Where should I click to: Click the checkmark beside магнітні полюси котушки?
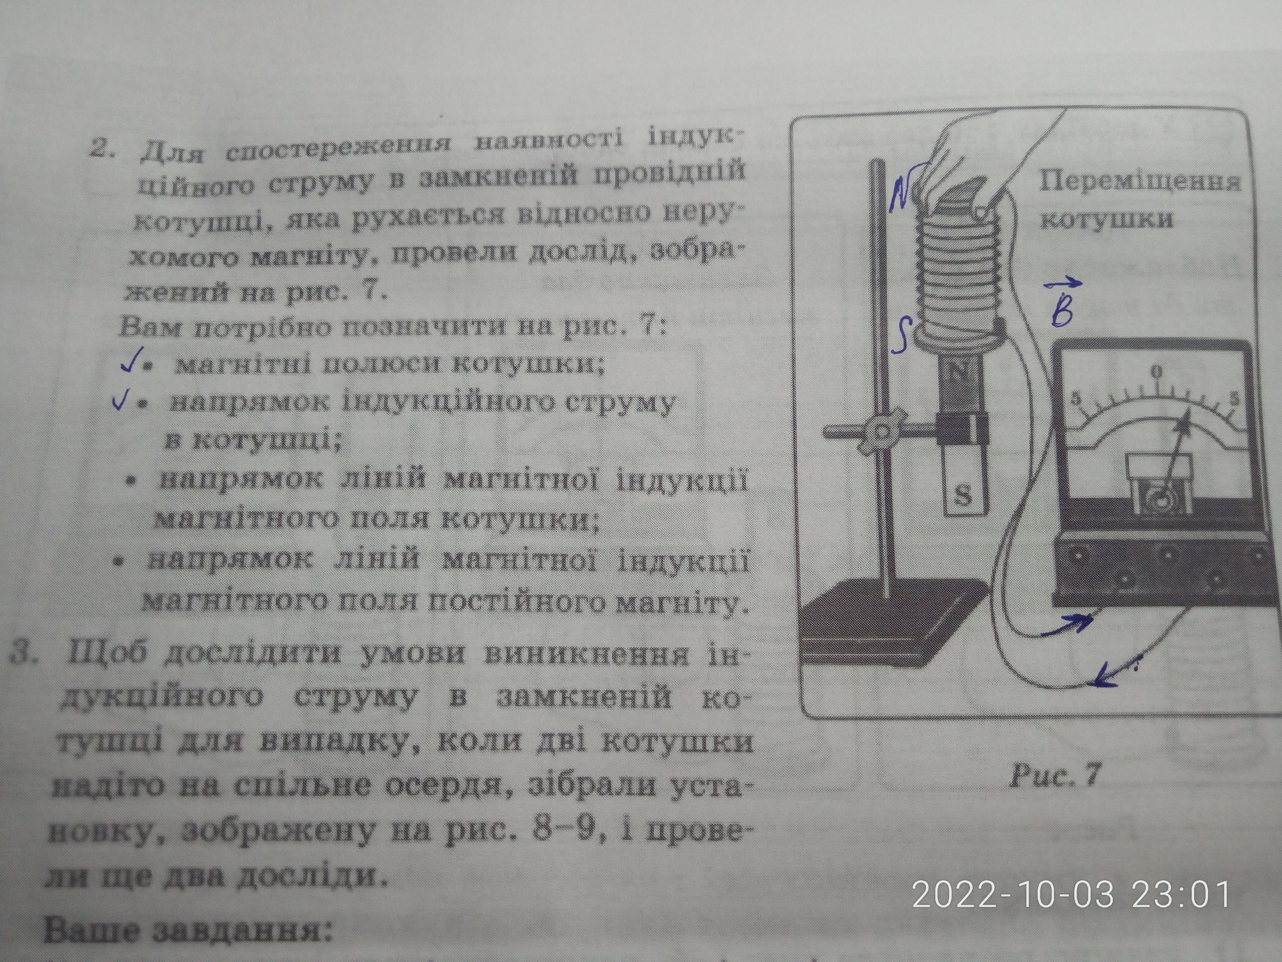pos(129,364)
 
